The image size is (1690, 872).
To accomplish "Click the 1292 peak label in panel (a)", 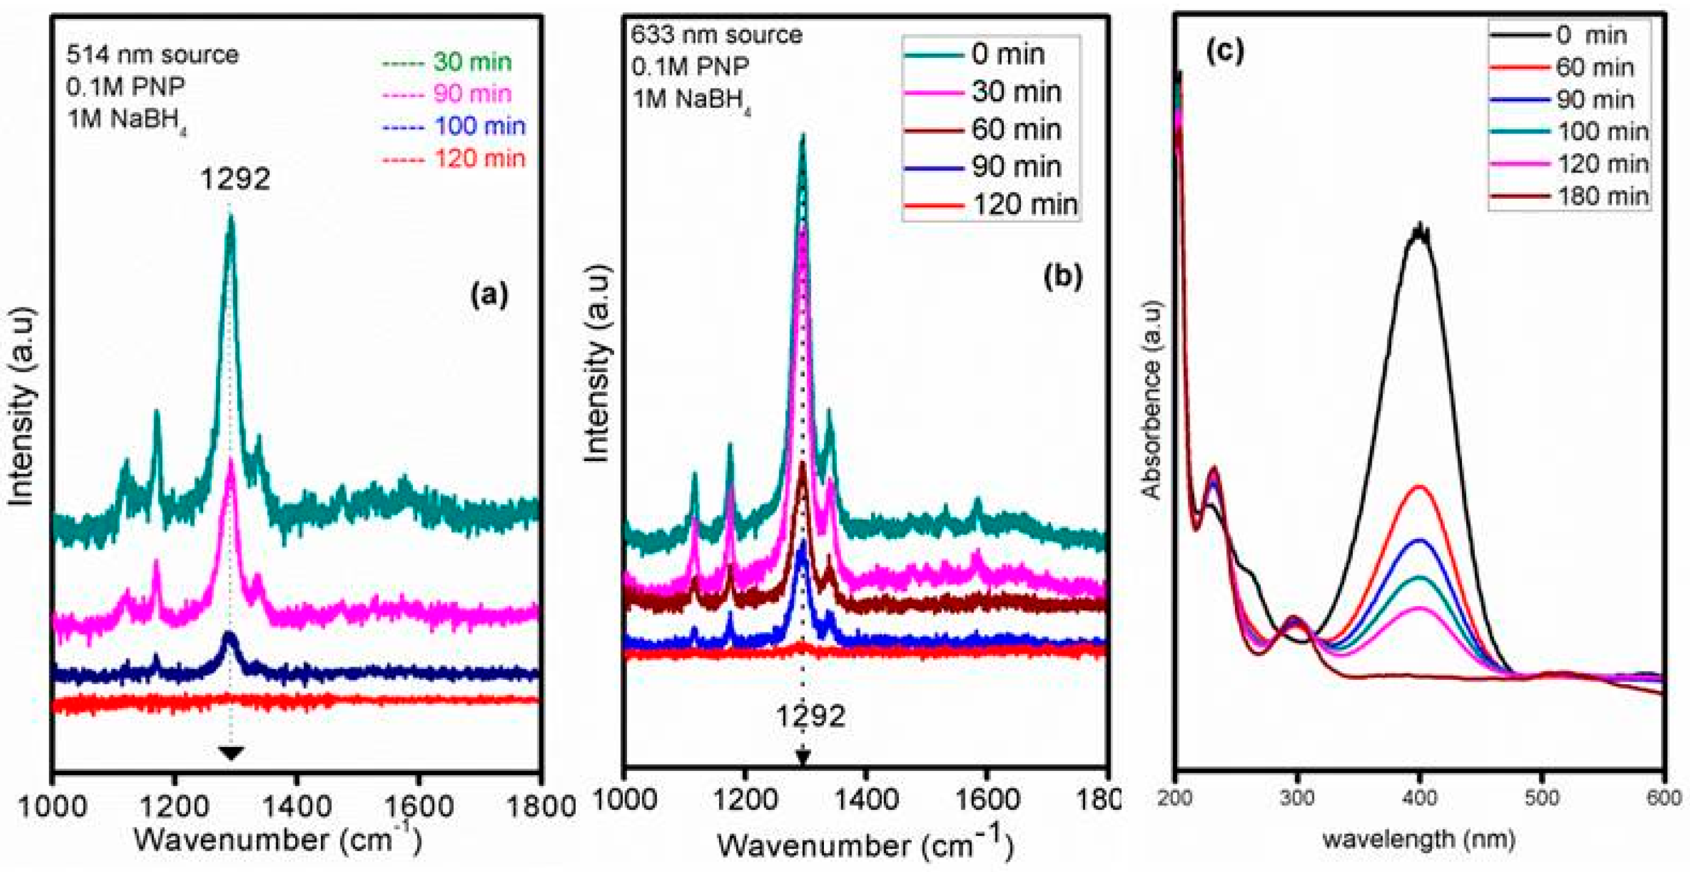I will coord(235,179).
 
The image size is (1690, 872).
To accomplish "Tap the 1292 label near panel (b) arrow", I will coord(811,717).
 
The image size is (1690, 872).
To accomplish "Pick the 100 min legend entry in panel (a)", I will coord(479,126).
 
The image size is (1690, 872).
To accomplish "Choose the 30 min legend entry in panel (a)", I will coord(471,62).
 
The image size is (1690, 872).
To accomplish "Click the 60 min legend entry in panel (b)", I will coord(1015,130).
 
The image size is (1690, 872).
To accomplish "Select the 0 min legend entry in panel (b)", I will coord(1008,54).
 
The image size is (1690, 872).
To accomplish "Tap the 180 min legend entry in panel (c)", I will coord(1602,196).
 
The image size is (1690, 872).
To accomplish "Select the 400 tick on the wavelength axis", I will coord(1420,798).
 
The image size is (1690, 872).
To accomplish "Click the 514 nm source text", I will coord(152,54).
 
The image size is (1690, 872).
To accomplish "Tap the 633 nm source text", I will coord(717,34).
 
